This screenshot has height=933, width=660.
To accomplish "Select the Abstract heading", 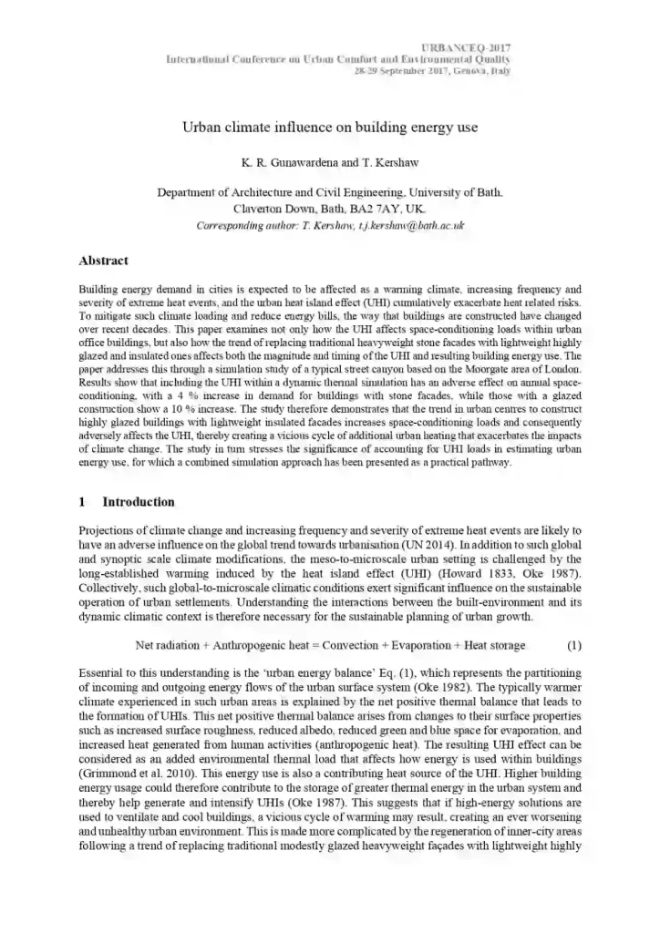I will (x=104, y=261).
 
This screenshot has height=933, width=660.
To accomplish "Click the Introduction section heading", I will (x=138, y=502).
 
